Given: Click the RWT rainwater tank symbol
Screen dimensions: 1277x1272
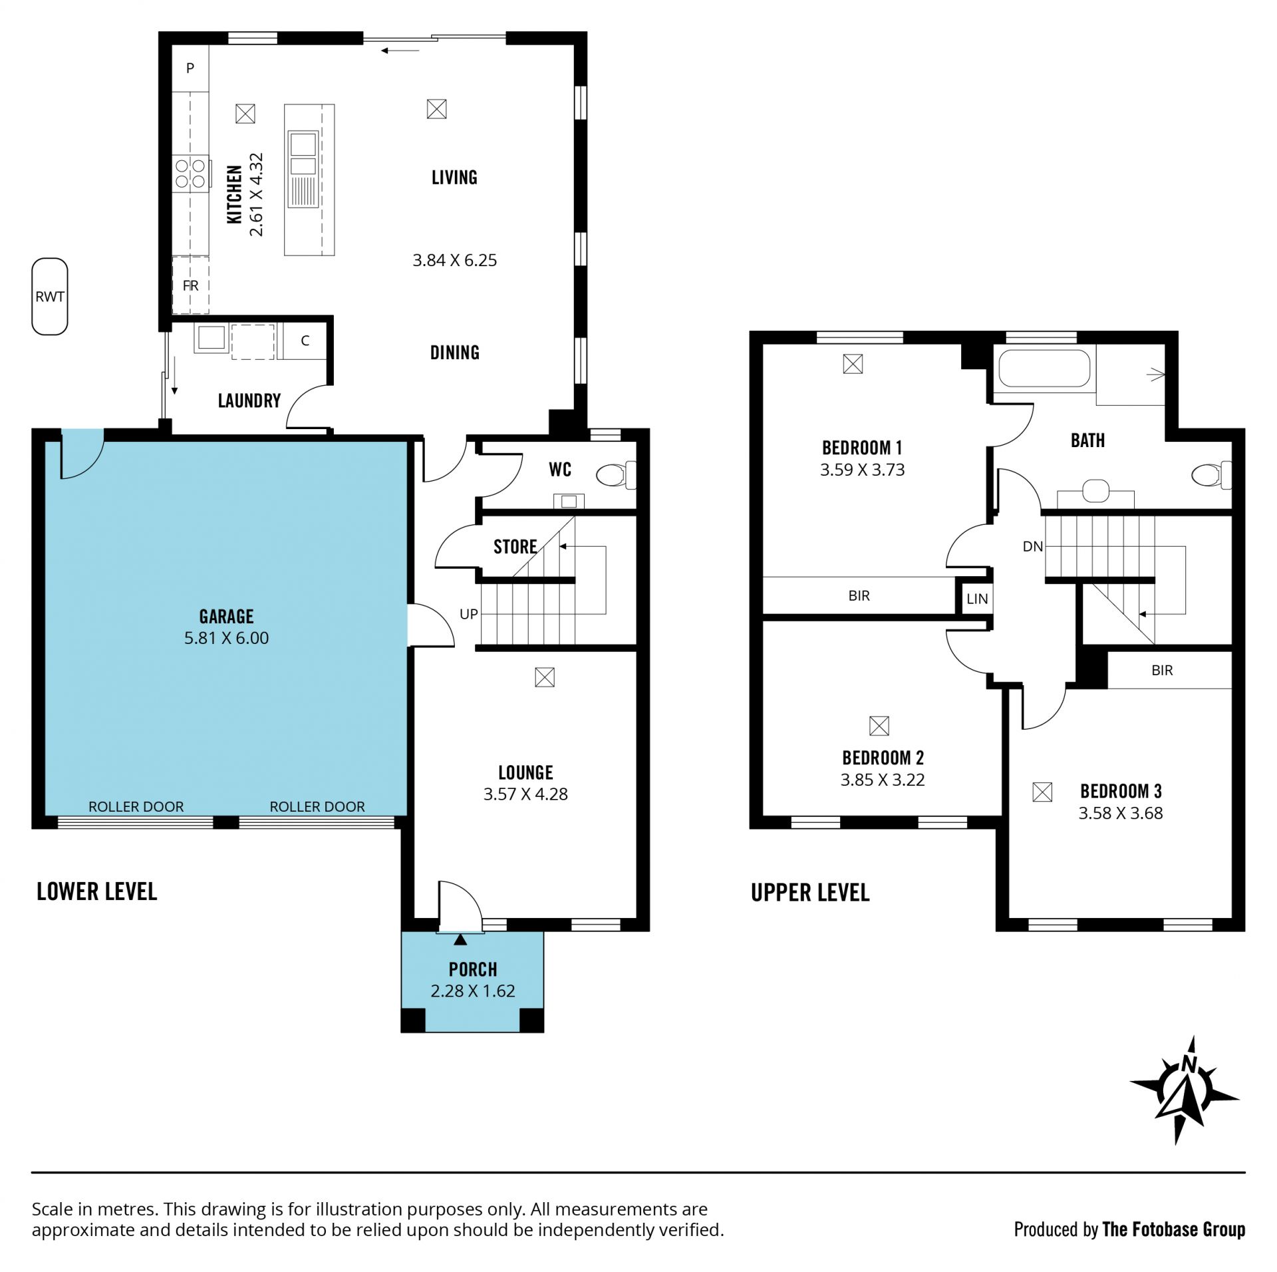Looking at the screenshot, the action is point(50,296).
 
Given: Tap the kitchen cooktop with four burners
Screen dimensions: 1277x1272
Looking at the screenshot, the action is point(190,173).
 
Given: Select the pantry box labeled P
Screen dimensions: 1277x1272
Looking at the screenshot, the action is point(190,68).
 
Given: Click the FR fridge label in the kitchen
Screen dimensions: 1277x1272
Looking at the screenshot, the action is point(190,285).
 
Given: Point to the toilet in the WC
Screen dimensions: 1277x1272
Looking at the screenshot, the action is point(616,475).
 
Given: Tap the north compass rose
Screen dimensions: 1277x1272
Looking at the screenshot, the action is point(1185,1100).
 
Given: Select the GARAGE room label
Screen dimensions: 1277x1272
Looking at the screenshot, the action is point(227,616).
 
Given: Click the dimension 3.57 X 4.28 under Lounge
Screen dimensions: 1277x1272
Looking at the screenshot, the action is point(525,794).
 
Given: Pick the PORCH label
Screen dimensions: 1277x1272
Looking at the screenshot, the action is point(473,969).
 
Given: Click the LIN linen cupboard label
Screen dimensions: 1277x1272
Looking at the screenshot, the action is point(977,599).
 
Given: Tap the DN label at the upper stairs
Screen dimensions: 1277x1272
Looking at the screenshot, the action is point(1033,547).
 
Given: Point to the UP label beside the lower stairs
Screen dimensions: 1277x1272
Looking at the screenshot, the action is point(469,614).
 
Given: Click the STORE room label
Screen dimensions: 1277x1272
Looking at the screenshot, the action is point(515,547).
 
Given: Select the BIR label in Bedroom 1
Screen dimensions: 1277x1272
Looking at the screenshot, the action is point(859,596).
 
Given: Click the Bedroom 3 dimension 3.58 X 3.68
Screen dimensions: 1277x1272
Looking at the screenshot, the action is point(1121,813).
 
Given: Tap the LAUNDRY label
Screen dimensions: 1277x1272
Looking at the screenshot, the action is point(249,400).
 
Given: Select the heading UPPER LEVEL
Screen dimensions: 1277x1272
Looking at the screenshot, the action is point(810,893).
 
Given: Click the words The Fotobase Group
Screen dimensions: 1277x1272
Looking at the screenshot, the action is point(1174,1229).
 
